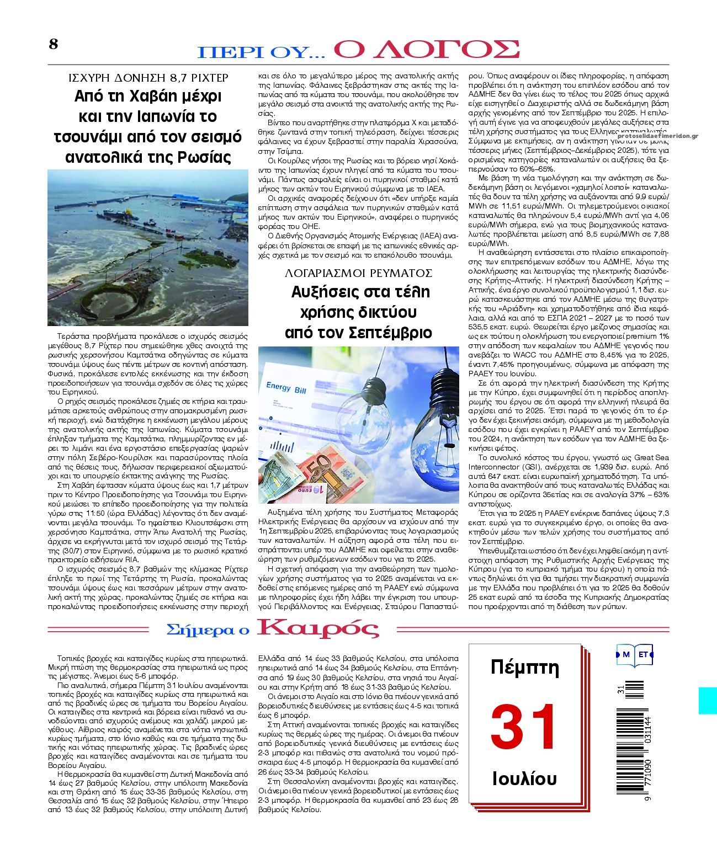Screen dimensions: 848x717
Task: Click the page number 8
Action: point(53,44)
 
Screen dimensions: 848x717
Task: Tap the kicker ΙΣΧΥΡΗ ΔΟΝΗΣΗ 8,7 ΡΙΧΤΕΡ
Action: point(148,78)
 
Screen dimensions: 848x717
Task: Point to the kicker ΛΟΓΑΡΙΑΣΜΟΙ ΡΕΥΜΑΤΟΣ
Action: point(358,273)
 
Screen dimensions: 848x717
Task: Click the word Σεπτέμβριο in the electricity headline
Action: point(393,333)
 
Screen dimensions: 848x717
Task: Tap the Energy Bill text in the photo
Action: point(286,387)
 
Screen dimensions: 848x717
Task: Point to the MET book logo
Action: point(635,655)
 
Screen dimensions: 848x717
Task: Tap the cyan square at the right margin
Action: point(708,700)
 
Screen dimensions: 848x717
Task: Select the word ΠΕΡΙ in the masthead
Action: point(229,52)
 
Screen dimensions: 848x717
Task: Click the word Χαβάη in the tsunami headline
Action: point(147,96)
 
